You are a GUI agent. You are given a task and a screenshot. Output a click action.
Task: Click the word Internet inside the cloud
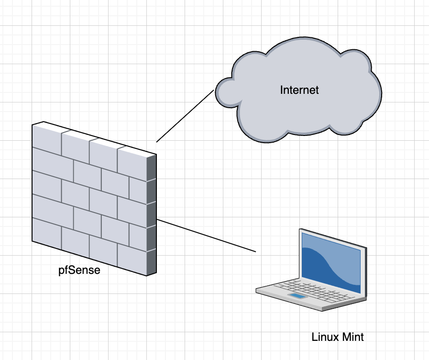click(299, 90)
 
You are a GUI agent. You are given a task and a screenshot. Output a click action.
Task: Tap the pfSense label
click(79, 270)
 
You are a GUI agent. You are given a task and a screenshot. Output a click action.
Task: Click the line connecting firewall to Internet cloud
click(184, 116)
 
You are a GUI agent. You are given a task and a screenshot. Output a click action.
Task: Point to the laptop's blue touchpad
click(297, 297)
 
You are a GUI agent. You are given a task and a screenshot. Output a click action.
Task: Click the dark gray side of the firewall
click(151, 215)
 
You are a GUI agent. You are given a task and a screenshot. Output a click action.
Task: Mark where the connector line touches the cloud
click(214, 90)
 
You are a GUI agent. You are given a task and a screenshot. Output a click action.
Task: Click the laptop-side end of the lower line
click(256, 251)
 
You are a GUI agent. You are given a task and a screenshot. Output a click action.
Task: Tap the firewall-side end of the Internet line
click(156, 142)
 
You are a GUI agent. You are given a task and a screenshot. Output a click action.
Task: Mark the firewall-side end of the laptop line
click(157, 219)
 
